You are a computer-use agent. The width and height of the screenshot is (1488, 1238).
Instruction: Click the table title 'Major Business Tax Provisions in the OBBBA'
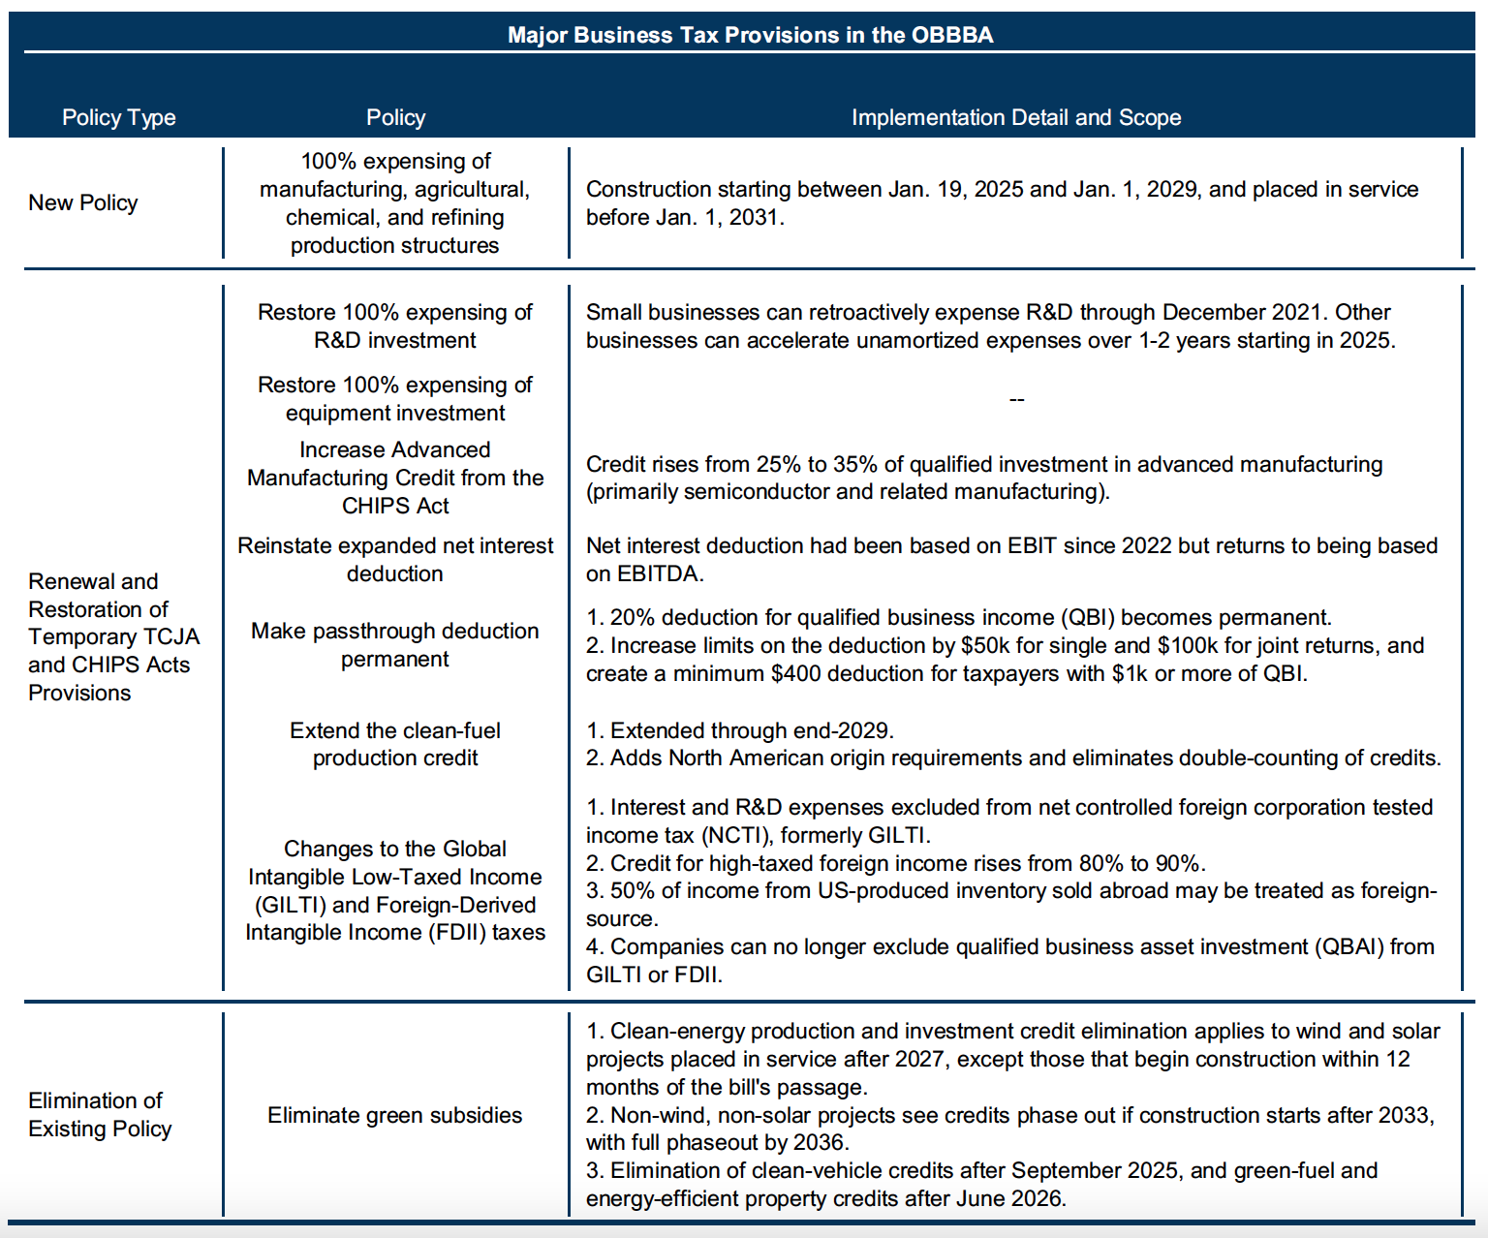click(x=750, y=35)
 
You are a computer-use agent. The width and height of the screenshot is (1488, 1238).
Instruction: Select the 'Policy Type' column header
click(x=118, y=117)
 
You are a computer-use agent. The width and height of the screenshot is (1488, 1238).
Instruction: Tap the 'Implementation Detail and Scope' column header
click(x=1015, y=117)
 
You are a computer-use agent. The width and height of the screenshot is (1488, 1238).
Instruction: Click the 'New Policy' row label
click(x=82, y=202)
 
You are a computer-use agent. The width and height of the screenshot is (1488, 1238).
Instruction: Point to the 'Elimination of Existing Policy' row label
click(x=100, y=1115)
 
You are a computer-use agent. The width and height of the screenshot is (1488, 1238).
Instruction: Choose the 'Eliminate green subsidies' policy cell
click(x=394, y=1115)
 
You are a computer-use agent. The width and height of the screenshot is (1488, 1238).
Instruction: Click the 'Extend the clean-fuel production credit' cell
click(x=394, y=744)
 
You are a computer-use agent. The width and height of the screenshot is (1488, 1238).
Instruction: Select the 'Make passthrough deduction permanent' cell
click(x=394, y=644)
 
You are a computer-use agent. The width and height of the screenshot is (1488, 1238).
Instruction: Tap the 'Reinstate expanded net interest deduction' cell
click(x=394, y=559)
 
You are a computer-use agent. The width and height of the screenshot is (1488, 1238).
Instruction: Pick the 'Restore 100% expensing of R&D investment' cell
click(x=394, y=325)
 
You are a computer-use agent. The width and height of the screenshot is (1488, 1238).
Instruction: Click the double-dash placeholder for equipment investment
click(x=1016, y=399)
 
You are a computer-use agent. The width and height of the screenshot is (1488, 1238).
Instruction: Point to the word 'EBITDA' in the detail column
click(x=658, y=573)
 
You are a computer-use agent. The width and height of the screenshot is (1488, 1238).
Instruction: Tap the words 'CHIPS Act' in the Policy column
click(x=395, y=506)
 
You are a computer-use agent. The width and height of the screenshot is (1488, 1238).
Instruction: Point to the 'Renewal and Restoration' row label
click(x=113, y=636)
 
